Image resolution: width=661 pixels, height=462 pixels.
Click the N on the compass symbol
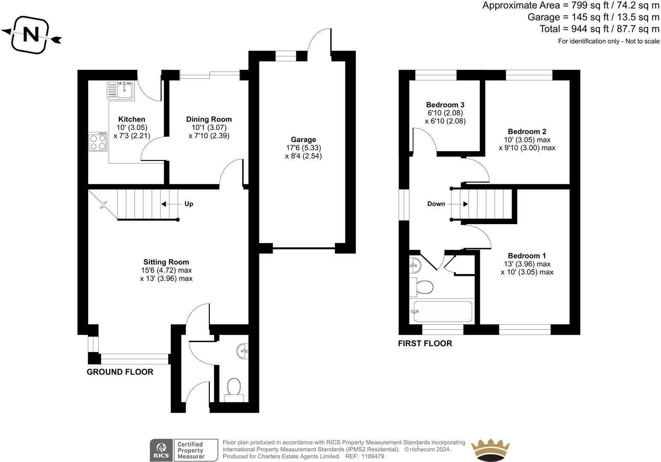click(x=31, y=35)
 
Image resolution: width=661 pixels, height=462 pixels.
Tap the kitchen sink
click(x=120, y=91)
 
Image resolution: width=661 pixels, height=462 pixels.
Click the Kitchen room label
click(x=131, y=119)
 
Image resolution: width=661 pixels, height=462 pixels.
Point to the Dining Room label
click(x=209, y=119)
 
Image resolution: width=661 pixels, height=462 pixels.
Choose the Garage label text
click(x=304, y=139)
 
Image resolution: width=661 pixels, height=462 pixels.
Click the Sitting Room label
click(x=166, y=262)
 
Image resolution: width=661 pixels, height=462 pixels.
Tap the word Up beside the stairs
click(x=189, y=204)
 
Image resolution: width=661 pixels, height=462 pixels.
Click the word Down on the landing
click(x=436, y=204)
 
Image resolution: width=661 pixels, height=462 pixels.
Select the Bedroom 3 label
click(x=445, y=105)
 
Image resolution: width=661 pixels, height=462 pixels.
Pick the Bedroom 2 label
click(x=527, y=131)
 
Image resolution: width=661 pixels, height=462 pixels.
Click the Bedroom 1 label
click(x=527, y=256)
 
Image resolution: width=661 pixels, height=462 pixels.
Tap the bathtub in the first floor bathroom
click(x=443, y=311)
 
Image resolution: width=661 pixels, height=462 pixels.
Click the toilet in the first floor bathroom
click(x=421, y=287)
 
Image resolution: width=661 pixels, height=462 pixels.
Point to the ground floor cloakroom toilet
click(x=234, y=390)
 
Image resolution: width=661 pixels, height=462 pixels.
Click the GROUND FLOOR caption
click(x=120, y=372)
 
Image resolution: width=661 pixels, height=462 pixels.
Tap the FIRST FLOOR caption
click(x=425, y=344)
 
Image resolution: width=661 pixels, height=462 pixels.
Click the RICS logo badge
click(x=161, y=450)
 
